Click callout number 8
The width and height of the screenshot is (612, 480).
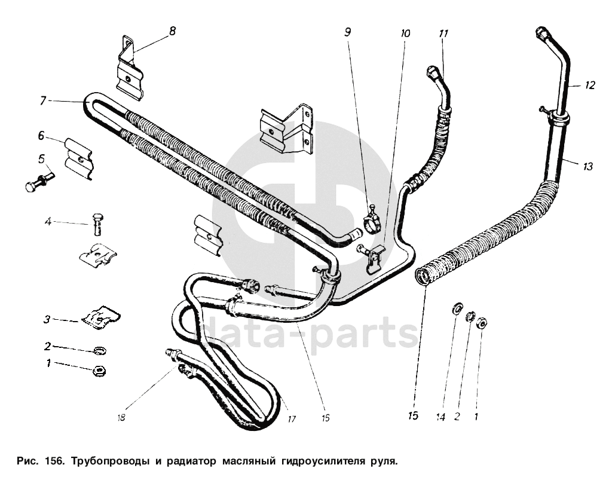[172, 31]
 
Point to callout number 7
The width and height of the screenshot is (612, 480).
[42, 101]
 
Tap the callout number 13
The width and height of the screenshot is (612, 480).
[587, 167]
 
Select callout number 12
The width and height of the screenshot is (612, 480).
[589, 85]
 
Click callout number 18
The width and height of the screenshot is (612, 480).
[121, 418]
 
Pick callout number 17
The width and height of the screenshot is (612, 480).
[291, 419]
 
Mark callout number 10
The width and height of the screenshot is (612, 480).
[405, 34]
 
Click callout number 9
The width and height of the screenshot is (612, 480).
[348, 33]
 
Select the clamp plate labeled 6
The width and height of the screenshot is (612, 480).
[79, 158]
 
